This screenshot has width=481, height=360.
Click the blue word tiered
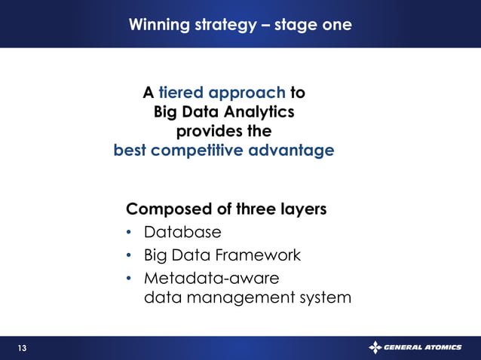(x=181, y=93)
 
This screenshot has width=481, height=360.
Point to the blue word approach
(x=247, y=94)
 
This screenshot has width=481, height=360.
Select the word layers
(x=302, y=209)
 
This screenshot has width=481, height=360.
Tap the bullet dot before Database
(x=130, y=233)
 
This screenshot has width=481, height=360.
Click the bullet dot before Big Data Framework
(x=130, y=256)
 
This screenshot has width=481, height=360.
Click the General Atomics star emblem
(x=375, y=347)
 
